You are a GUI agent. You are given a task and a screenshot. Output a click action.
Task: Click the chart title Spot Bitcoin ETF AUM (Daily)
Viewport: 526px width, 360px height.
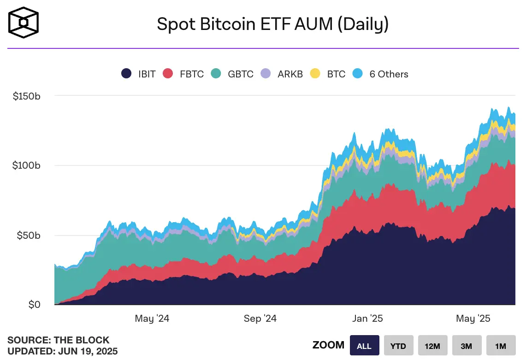point(272,24)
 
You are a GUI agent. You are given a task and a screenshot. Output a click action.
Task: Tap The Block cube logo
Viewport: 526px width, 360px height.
point(24,22)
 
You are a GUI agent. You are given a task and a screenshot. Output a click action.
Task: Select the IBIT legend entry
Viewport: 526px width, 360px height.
point(138,74)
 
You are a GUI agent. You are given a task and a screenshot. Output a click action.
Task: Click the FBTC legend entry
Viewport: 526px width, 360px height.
point(183,74)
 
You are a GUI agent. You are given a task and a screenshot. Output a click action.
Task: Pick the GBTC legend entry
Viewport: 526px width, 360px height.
point(232,74)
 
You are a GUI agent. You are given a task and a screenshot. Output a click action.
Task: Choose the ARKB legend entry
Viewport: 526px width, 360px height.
point(282,74)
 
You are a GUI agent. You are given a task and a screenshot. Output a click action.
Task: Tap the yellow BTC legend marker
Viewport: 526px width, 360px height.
point(315,74)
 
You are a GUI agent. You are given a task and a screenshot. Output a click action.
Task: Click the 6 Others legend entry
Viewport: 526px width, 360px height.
point(380,74)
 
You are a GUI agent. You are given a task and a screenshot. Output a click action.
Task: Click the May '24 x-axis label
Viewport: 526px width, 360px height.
point(152,319)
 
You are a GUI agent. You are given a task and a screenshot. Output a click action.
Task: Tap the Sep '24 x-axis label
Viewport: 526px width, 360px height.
point(260,319)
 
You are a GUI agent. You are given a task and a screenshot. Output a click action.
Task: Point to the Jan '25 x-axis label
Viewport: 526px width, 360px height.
point(367,319)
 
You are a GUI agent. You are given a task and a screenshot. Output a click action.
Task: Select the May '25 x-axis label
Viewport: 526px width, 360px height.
point(473,319)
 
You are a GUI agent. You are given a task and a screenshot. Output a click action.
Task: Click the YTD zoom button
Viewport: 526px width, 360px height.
point(398,346)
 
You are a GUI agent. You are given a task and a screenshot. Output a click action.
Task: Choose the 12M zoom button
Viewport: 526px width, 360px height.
point(432,346)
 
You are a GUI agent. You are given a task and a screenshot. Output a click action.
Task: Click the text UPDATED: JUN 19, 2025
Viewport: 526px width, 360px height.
point(62,351)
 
